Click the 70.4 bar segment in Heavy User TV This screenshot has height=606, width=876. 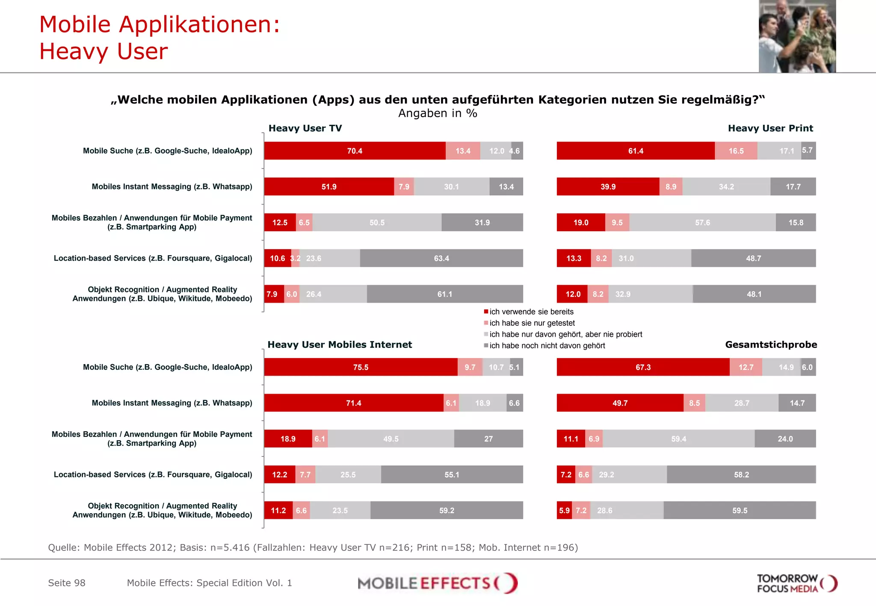pos(355,151)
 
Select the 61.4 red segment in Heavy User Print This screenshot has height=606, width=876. pos(636,151)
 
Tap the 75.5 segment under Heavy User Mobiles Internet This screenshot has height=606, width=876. pos(361,367)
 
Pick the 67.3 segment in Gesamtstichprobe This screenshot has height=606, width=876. pos(643,367)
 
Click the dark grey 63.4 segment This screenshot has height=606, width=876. pos(441,258)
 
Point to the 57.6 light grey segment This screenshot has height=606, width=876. pos(702,223)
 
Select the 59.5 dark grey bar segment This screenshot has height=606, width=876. pos(740,510)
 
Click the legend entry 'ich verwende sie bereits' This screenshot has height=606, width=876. pos(531,312)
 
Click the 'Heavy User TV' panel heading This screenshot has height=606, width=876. pos(305,128)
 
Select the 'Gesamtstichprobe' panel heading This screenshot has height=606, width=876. pos(771,344)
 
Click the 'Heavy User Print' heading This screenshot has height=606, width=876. pos(770,128)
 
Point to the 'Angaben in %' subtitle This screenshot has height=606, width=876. pos(438,113)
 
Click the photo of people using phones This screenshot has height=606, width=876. pos(797,36)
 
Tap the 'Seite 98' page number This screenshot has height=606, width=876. pos(67,583)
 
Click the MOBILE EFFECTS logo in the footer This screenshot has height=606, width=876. pos(438,583)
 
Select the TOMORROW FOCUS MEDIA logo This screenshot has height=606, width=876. pos(796,583)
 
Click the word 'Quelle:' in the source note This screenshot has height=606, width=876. pos(64,547)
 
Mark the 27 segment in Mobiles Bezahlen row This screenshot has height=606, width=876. pos(488,439)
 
